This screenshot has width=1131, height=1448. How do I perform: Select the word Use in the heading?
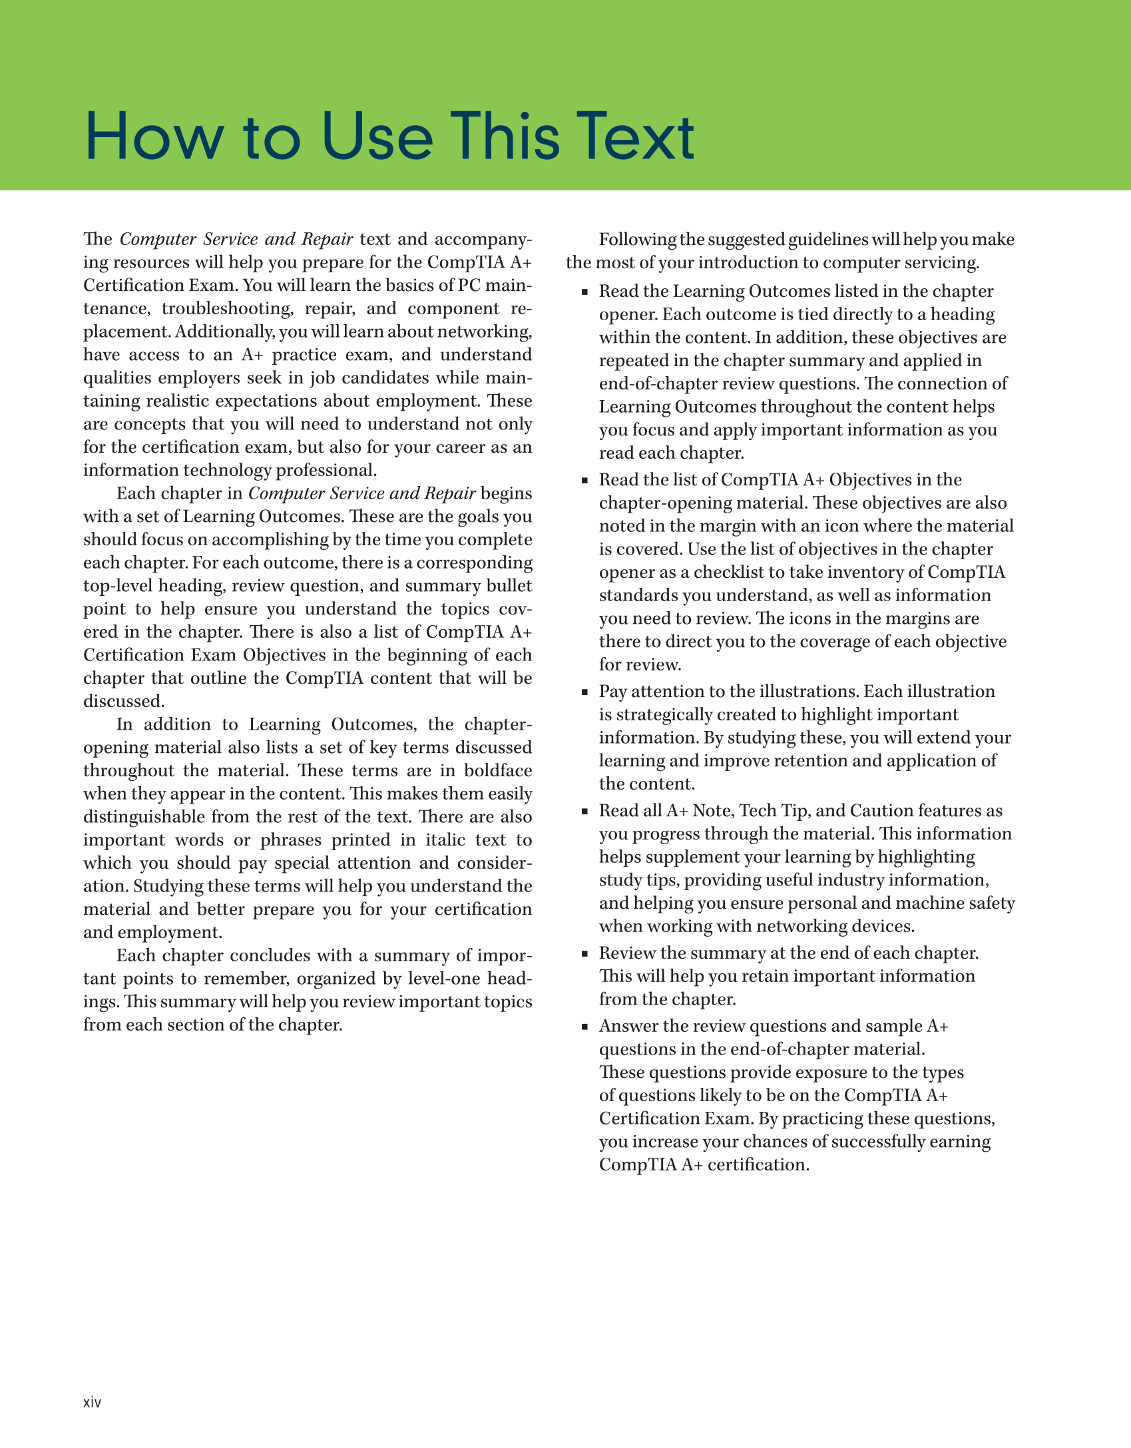[x=377, y=136]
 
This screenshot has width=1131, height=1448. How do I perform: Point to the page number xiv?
[x=92, y=1402]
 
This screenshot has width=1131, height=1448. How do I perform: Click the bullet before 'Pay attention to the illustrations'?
[x=584, y=692]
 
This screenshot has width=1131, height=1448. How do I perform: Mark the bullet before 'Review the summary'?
[x=584, y=954]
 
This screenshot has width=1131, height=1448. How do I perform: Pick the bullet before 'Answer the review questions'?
[x=584, y=1027]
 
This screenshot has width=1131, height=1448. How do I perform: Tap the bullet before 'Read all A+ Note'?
[x=584, y=812]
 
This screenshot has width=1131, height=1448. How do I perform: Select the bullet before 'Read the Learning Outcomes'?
[x=584, y=292]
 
